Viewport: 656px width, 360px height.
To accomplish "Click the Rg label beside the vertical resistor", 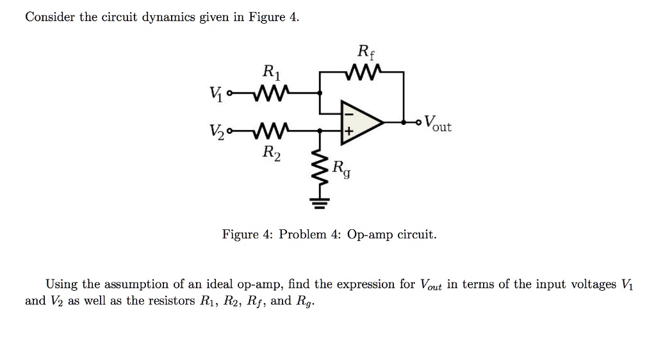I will [x=341, y=169].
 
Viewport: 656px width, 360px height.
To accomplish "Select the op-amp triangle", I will [x=360, y=120].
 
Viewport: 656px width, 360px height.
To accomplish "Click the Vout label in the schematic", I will [x=438, y=123].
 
